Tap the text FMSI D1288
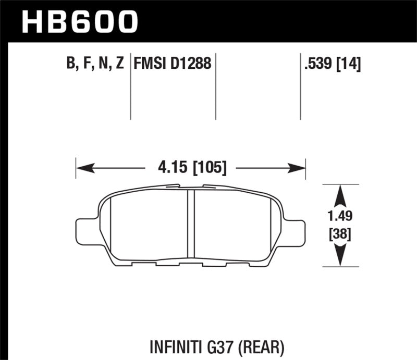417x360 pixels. coord(173,65)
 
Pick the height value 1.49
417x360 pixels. coord(340,216)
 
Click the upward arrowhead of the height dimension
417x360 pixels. coord(340,195)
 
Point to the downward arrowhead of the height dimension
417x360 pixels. coord(340,256)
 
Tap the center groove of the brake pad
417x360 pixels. coord(190,224)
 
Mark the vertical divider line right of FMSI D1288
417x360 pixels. coord(215,86)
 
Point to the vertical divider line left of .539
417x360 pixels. coord(300,86)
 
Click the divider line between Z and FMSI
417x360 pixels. coord(130,86)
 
